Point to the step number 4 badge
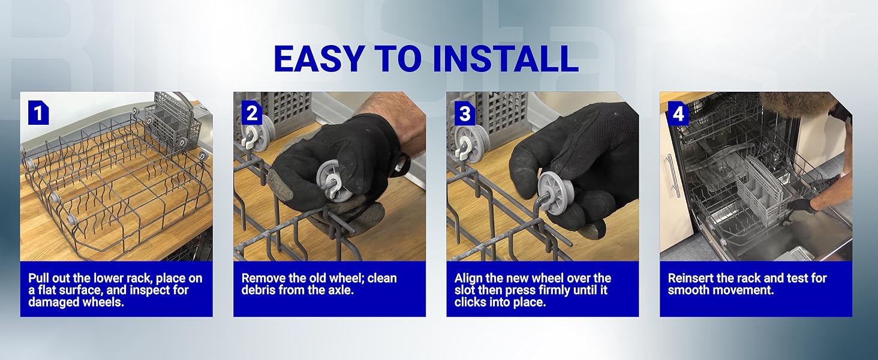[678, 113]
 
